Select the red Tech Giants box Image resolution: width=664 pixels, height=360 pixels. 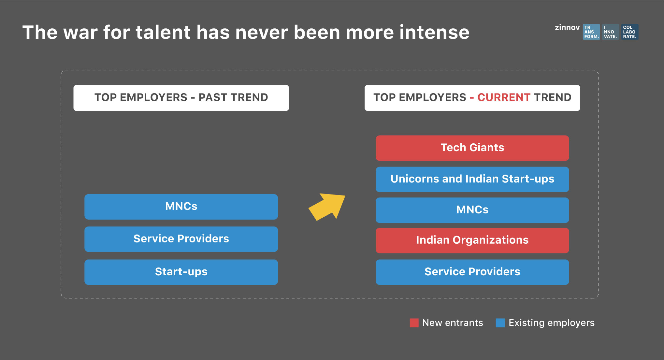[x=472, y=148]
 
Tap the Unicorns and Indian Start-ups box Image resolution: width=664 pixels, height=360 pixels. [x=472, y=179]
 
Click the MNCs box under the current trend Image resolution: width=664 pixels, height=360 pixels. [x=472, y=210]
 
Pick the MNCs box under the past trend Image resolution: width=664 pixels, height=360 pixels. [x=181, y=207]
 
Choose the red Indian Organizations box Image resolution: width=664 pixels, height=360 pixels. [x=472, y=240]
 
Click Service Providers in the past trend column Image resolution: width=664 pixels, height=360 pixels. [x=181, y=239]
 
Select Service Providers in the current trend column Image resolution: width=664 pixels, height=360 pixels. [x=472, y=272]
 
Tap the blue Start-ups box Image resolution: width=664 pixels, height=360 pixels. [x=181, y=272]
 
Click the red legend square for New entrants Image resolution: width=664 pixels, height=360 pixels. [x=414, y=323]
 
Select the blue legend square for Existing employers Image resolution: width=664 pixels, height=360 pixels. [x=500, y=323]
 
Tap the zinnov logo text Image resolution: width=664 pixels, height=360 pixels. [x=567, y=27]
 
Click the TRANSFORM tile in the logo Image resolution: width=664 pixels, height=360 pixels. [x=591, y=32]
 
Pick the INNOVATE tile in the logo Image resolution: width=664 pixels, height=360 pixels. [x=611, y=32]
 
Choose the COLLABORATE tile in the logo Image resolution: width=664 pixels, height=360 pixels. [x=630, y=32]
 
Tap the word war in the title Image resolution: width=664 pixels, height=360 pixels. [x=80, y=32]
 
